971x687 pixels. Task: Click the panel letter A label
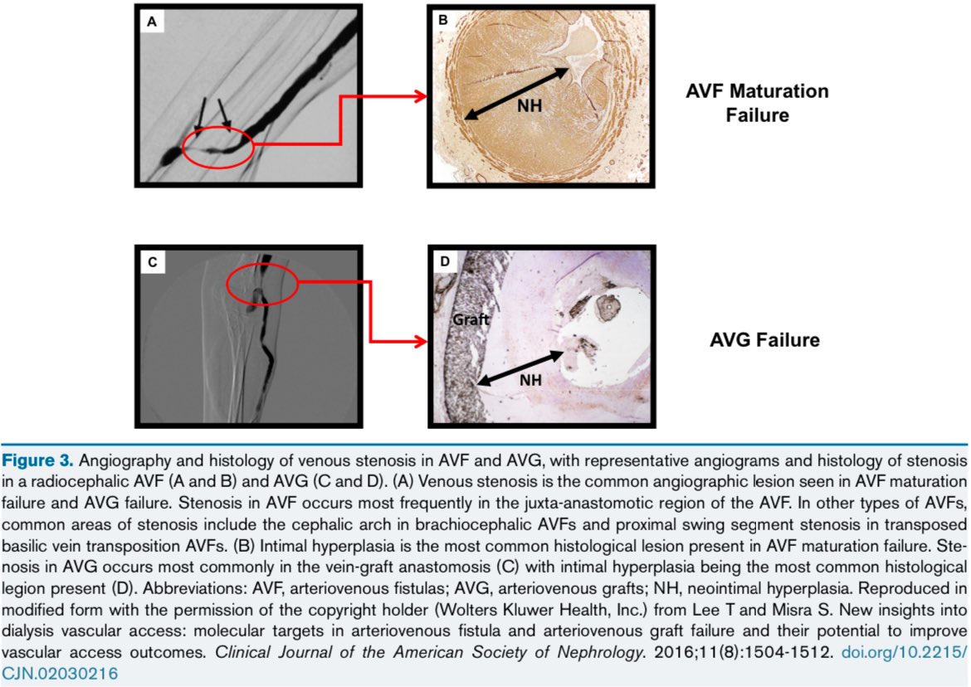(152, 22)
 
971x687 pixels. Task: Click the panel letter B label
(443, 21)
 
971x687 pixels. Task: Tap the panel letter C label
(153, 262)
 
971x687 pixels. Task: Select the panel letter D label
(445, 261)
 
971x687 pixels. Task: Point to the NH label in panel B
(529, 106)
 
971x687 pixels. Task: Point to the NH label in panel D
(530, 380)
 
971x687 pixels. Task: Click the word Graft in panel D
(471, 319)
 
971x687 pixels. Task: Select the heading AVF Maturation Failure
(757, 103)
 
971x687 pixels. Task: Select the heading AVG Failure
(765, 340)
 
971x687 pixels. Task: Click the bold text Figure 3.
(38, 460)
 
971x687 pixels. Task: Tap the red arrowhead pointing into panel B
(421, 96)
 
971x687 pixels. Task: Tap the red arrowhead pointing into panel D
(421, 341)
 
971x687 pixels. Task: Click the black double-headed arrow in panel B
(516, 94)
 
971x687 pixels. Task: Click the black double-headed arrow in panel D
(521, 368)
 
